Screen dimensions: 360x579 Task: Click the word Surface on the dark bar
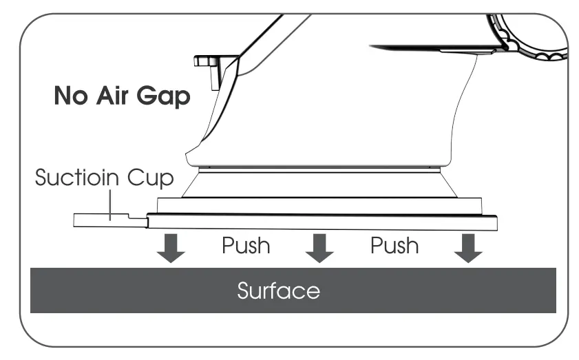click(x=278, y=291)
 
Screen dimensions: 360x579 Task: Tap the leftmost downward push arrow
click(x=171, y=248)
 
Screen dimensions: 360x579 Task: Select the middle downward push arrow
click(x=319, y=248)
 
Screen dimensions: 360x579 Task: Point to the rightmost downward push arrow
click(x=467, y=248)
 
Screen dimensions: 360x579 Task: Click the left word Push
click(x=246, y=246)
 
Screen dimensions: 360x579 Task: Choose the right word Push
click(x=394, y=246)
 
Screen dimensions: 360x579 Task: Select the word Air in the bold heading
click(x=114, y=97)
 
